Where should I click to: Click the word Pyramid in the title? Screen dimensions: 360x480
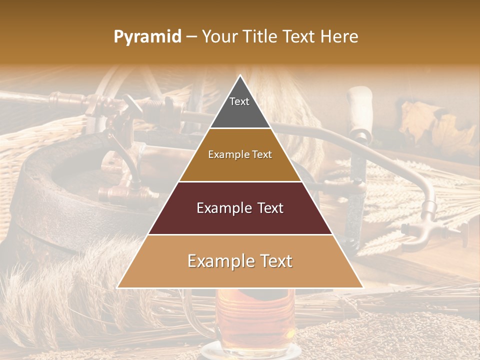(147, 37)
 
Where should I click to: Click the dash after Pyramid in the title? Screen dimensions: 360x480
(191, 37)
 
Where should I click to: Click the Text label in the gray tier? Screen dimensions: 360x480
(239, 101)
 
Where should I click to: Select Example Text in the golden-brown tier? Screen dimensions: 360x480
(240, 155)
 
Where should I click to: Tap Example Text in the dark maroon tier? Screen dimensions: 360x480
(240, 208)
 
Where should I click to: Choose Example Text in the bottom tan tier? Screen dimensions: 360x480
(240, 261)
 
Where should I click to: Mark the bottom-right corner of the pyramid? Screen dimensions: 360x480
(362, 287)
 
